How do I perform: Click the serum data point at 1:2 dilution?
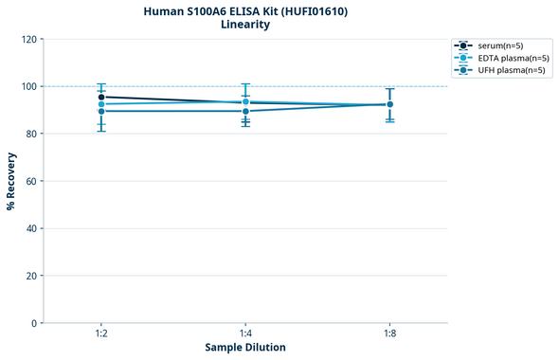[x=101, y=97]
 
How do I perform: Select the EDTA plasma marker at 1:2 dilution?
[x=101, y=104]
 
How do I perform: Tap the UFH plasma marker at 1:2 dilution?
[x=101, y=112]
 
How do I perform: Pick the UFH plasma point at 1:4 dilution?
[x=245, y=112]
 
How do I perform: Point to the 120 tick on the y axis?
[x=27, y=39]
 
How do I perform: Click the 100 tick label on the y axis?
[x=27, y=86]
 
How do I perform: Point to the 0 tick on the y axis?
[x=33, y=323]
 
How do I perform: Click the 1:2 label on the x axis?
[x=101, y=334]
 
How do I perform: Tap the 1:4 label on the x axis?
[x=245, y=334]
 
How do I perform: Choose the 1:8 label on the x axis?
[x=390, y=334]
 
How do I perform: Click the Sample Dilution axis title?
[x=245, y=348]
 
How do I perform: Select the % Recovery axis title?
[x=11, y=181]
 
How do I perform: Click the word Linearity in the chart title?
[x=244, y=25]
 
